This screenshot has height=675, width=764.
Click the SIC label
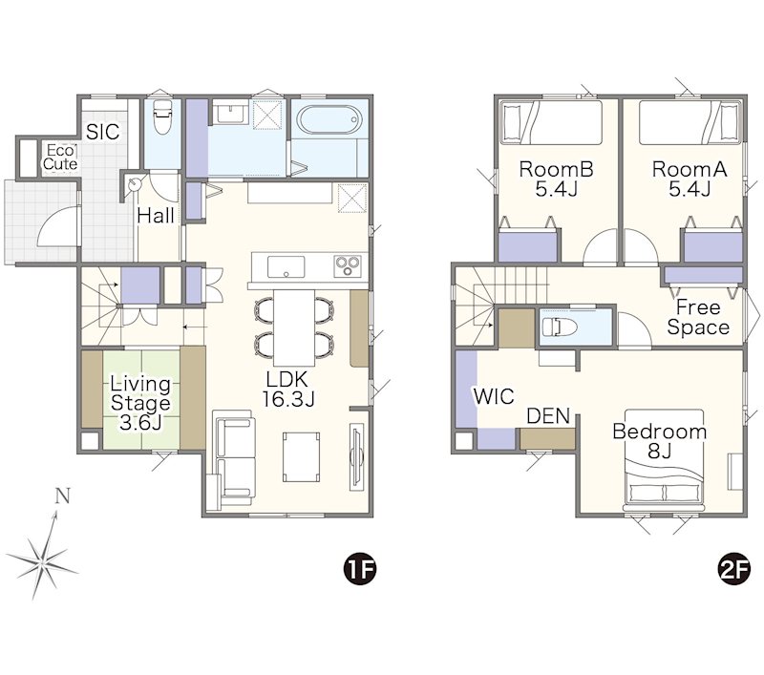103,132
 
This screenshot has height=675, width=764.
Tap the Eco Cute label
60,158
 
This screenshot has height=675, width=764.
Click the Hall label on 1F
156,216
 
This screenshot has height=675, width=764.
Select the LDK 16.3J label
288,389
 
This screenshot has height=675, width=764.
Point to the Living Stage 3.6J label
140,403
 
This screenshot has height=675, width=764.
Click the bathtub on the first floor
329,119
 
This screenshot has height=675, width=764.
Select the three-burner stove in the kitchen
348,266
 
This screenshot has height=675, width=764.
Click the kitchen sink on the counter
286,266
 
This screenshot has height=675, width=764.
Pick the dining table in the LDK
294,327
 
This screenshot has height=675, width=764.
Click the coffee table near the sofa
302,456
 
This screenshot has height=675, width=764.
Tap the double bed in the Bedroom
664,460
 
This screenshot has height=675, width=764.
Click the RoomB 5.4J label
556,179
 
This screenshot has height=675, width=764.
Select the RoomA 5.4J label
689,179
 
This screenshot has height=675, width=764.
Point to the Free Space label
698,317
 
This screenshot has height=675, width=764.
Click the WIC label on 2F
494,396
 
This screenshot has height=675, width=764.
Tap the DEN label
548,416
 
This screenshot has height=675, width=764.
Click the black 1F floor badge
361,569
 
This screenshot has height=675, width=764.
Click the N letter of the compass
62,496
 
